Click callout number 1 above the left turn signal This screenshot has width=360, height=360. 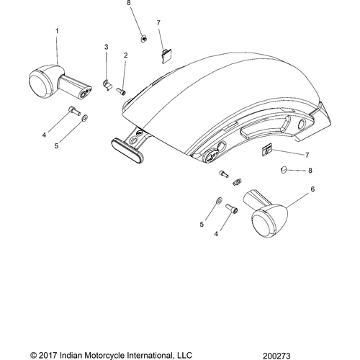(57, 31)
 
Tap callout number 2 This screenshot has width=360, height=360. (125, 55)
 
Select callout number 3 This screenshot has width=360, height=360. (107, 47)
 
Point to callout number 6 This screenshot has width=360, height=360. (312, 189)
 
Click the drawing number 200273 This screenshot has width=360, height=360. (276, 356)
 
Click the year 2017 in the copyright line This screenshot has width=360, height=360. (48, 355)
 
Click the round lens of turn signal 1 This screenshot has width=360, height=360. (39, 84)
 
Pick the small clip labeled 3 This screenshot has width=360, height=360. (107, 85)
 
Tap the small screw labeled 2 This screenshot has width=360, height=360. (121, 91)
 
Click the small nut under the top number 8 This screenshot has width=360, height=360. (143, 38)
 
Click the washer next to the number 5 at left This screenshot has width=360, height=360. (84, 118)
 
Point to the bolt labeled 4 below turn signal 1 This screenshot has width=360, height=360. (75, 111)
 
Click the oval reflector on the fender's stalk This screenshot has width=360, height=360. (127, 150)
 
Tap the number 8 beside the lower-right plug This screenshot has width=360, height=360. (310, 171)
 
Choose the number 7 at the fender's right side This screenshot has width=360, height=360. (307, 155)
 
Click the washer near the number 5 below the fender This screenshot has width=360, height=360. (219, 200)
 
